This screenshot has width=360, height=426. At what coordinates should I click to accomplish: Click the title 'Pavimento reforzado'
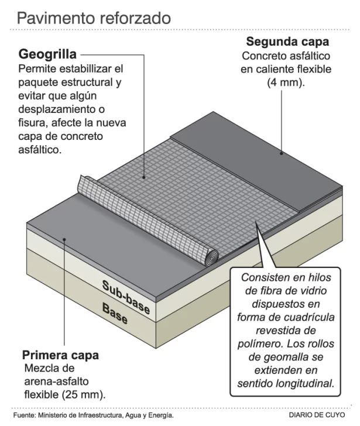(x=94, y=18)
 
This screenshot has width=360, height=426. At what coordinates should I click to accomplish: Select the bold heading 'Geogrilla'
(x=47, y=55)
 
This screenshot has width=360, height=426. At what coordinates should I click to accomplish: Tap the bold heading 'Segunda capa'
(x=287, y=42)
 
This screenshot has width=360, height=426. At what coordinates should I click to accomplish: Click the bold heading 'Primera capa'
(x=60, y=355)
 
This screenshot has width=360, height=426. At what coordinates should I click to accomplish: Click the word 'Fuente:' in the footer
(x=24, y=415)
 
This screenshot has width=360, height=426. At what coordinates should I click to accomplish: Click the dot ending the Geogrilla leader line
(x=145, y=176)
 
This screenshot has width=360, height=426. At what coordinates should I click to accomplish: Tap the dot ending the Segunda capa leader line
(x=281, y=154)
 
